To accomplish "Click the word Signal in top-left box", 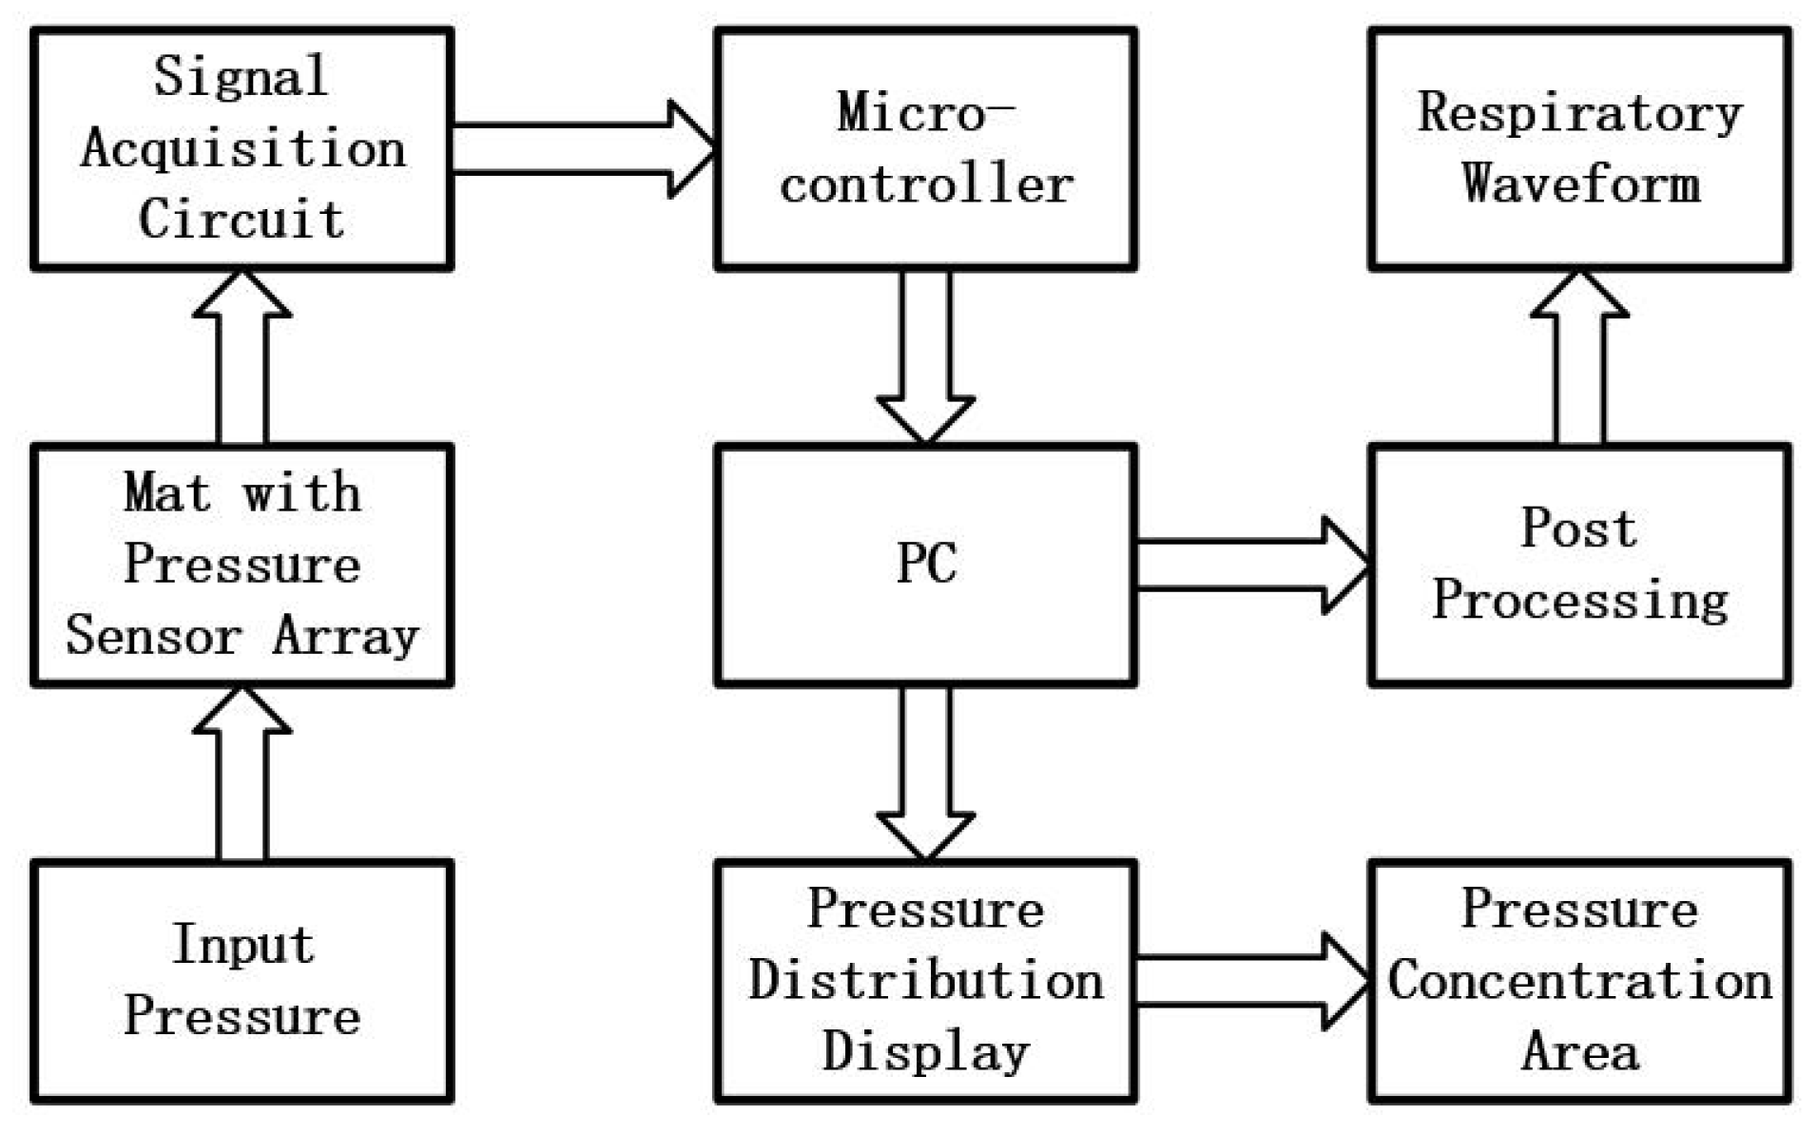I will click(241, 77).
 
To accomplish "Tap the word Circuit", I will click(242, 220).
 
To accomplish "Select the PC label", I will click(925, 564).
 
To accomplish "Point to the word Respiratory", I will click(1579, 113).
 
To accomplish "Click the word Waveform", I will click(1580, 183).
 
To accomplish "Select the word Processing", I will click(1579, 600).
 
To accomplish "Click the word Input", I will click(242, 945).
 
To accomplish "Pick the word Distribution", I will click(925, 981).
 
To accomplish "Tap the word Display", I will click(925, 1052).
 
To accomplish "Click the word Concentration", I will click(1579, 981).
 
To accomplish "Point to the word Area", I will click(1579, 1052).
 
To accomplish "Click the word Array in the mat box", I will click(345, 636).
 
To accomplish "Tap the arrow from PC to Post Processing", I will click(1250, 566).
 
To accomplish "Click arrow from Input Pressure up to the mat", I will click(242, 775).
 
